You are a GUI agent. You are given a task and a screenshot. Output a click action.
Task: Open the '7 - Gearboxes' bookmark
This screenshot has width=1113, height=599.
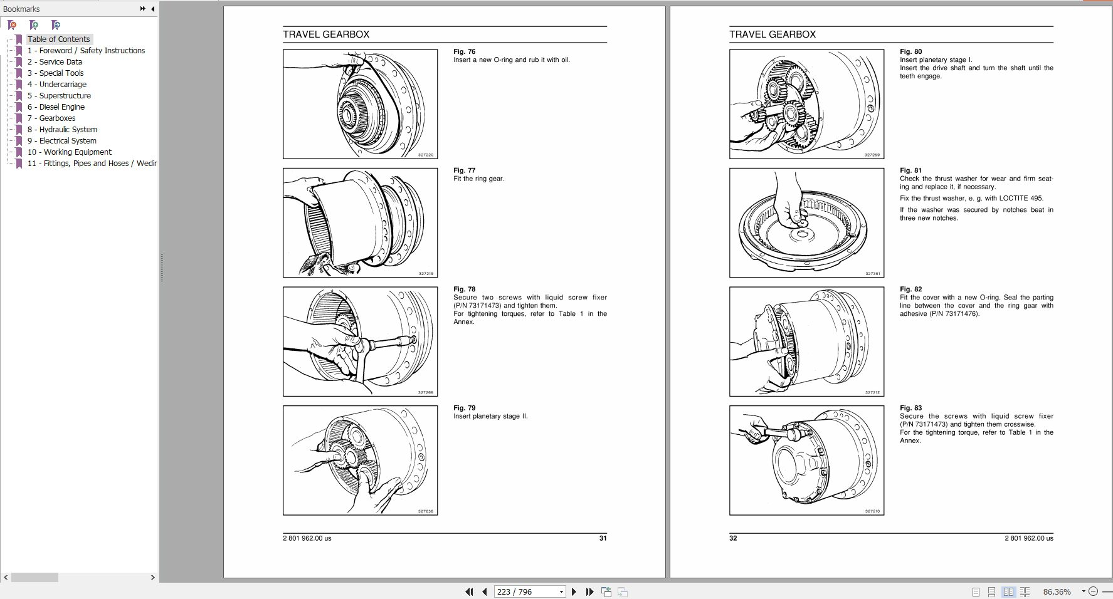pyautogui.click(x=57, y=118)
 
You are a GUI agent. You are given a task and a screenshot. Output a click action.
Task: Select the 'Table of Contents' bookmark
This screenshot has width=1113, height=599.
pyautogui.click(x=58, y=39)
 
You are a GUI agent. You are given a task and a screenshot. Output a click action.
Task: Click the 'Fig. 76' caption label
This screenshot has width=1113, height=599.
pyautogui.click(x=464, y=52)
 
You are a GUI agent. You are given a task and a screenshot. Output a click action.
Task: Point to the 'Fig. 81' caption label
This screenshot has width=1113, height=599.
pyautogui.click(x=910, y=170)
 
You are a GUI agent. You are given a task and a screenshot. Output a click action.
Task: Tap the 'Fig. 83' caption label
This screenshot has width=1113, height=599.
pyautogui.click(x=910, y=408)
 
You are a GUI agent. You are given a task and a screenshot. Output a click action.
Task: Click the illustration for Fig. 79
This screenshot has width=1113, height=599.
pyautogui.click(x=360, y=461)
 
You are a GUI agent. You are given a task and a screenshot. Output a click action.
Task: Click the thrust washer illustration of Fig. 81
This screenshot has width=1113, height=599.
pyautogui.click(x=806, y=223)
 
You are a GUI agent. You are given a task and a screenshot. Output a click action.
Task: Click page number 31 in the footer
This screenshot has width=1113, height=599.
pyautogui.click(x=603, y=538)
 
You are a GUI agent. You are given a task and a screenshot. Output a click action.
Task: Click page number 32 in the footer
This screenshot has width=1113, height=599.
pyautogui.click(x=733, y=538)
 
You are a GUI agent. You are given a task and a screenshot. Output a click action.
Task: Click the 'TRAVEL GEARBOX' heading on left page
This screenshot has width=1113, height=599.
pyautogui.click(x=325, y=34)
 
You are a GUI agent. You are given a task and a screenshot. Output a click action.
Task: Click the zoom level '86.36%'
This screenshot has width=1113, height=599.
pyautogui.click(x=1057, y=591)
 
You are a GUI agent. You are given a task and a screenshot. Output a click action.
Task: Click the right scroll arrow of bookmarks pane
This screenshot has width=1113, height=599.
pyautogui.click(x=152, y=577)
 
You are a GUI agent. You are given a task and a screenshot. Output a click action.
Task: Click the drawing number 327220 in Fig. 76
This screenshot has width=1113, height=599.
pyautogui.click(x=426, y=155)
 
